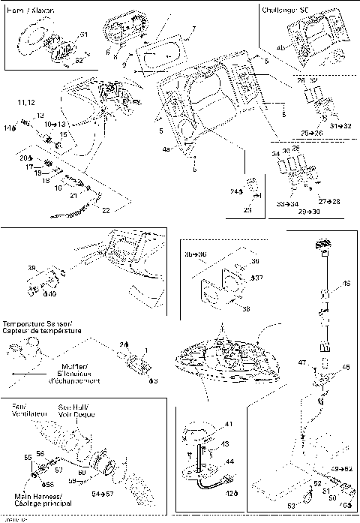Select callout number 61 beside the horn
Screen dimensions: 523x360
[x=83, y=35]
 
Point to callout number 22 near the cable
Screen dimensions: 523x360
[x=106, y=211]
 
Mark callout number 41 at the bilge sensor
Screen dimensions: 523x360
[x=229, y=425]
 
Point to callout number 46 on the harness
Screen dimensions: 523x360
[x=346, y=284]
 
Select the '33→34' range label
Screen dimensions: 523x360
[x=286, y=203]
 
